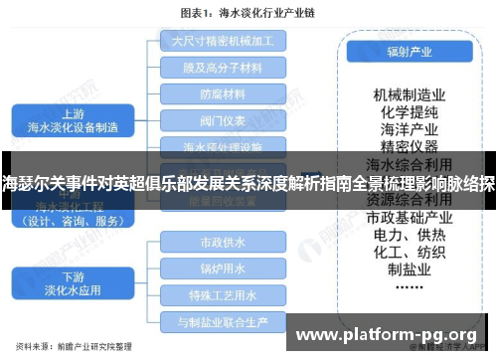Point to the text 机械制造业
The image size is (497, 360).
(408, 94)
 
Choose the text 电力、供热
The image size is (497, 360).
(408, 236)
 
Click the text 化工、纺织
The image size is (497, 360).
(408, 254)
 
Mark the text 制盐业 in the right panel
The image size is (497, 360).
(408, 271)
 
